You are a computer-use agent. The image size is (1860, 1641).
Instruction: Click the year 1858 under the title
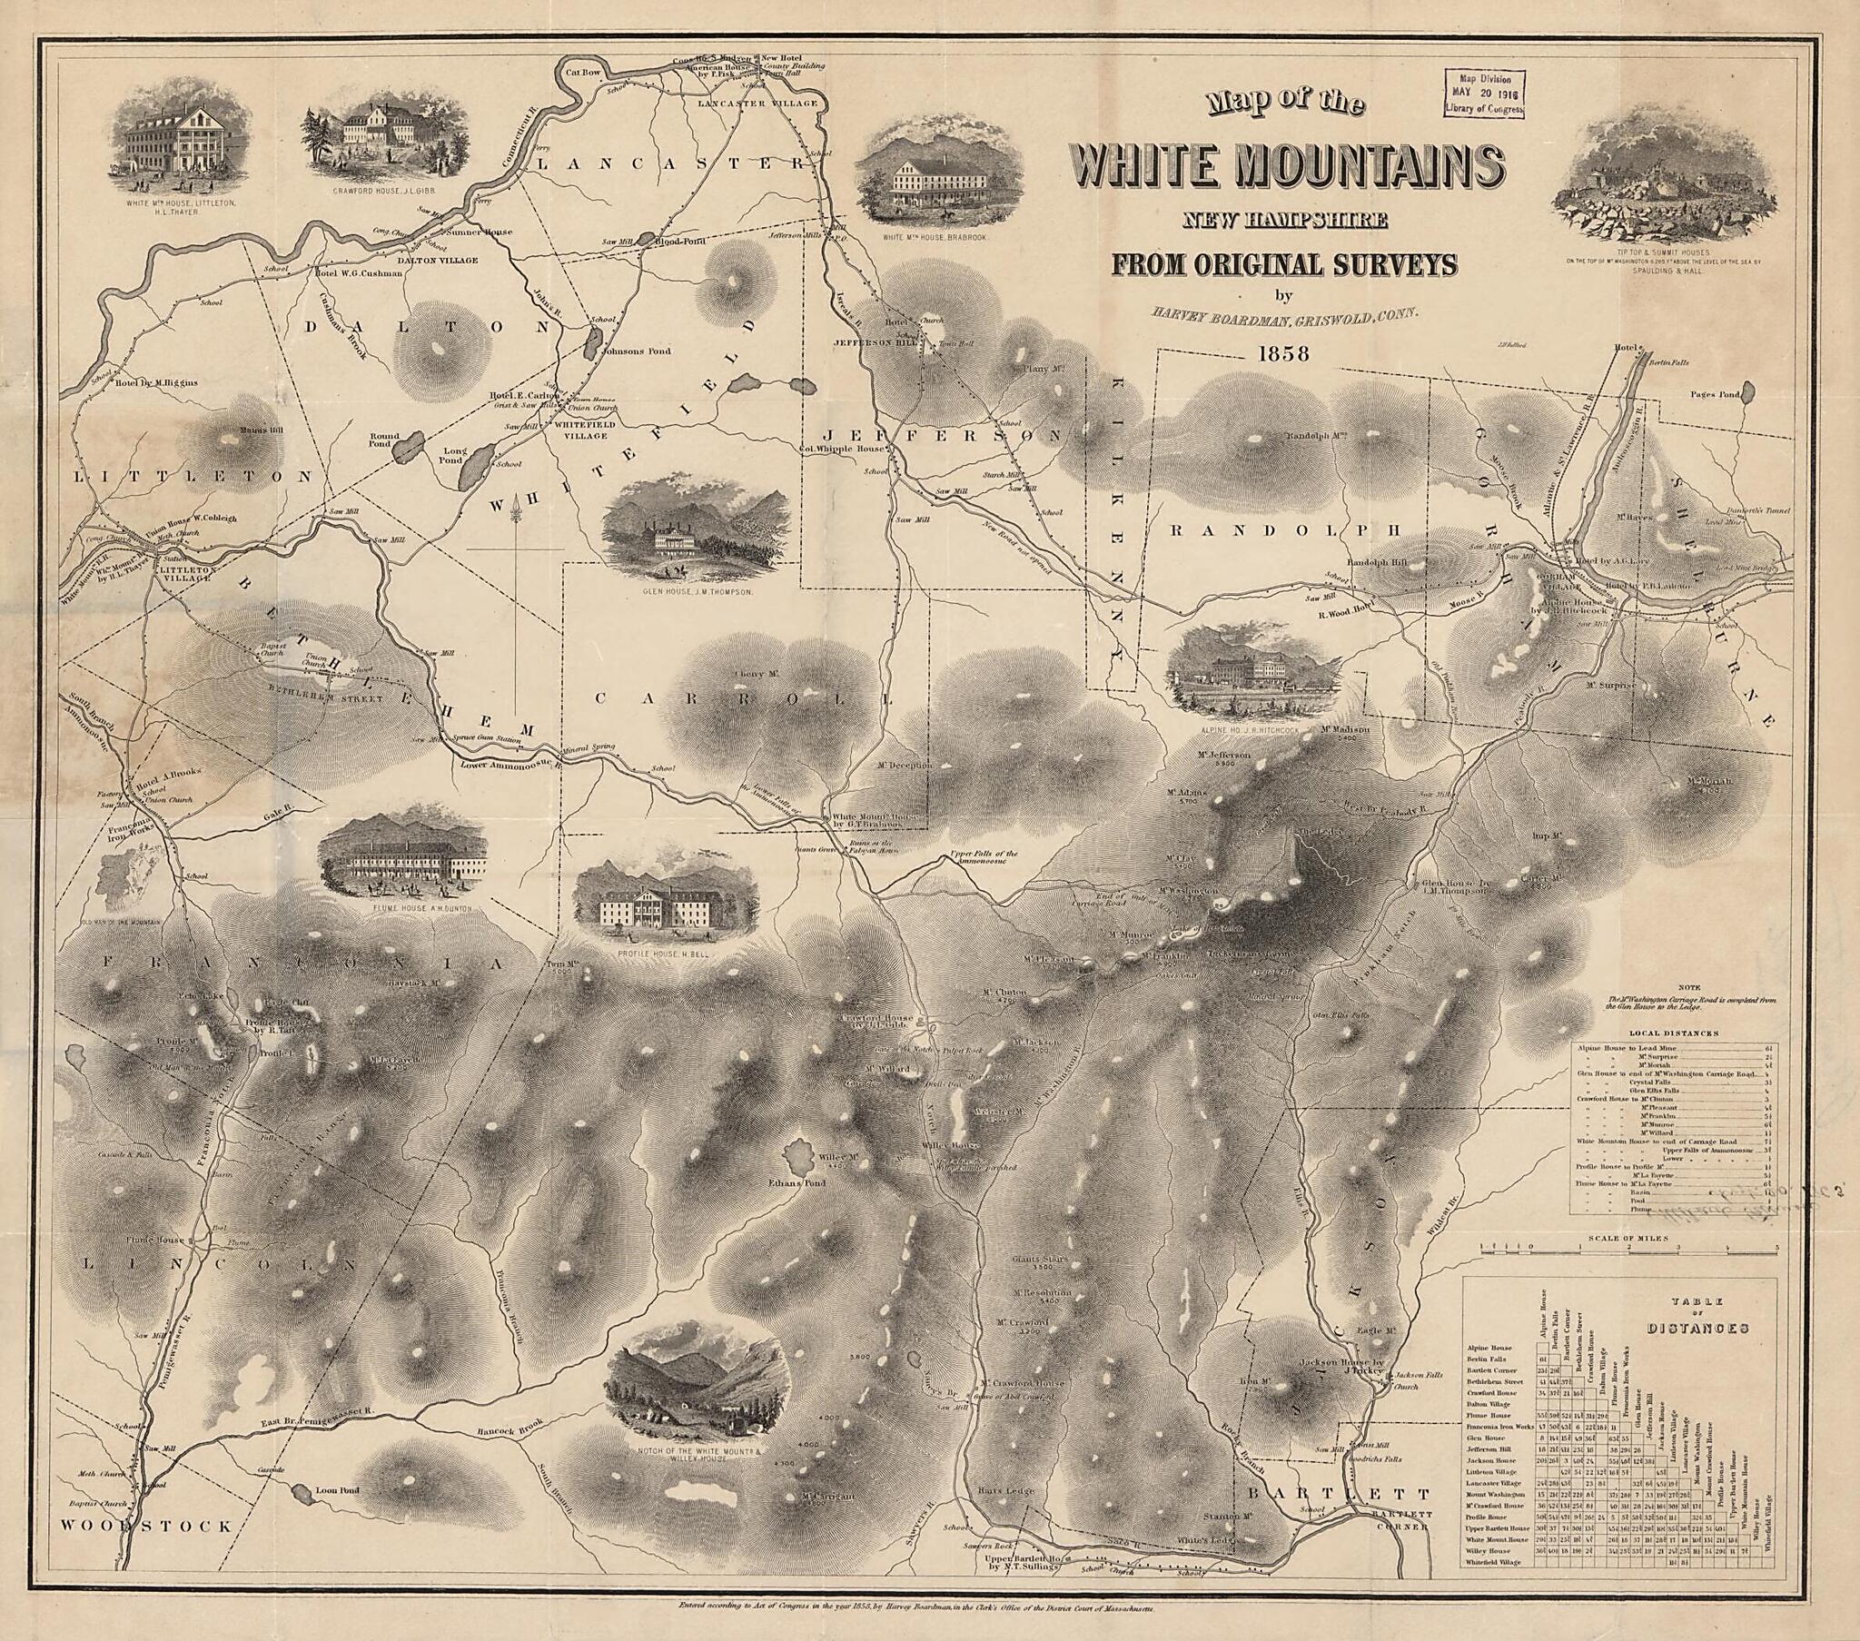coord(1283,353)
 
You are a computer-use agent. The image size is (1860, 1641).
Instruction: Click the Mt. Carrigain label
coord(828,1497)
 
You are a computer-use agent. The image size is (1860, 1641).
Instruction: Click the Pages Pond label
coord(1715,395)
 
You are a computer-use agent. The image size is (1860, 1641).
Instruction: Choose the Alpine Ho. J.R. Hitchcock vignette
coord(1255,670)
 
